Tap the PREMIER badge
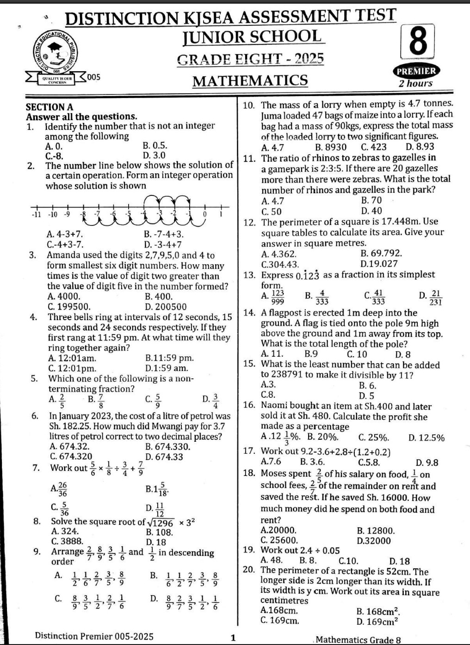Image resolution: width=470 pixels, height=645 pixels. click(416, 71)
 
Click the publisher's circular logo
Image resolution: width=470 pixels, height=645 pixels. click(56, 53)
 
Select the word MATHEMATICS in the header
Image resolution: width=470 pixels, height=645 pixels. click(250, 81)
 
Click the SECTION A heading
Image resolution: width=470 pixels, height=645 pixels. click(49, 107)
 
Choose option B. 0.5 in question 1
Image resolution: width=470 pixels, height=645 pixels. click(155, 146)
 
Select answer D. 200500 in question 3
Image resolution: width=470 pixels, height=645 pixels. click(166, 306)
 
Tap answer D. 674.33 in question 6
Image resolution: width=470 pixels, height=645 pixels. click(164, 457)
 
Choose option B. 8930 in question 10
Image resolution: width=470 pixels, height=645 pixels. click(330, 147)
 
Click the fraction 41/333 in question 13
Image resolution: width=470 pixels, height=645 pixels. click(377, 297)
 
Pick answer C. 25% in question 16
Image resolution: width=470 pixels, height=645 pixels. click(373, 438)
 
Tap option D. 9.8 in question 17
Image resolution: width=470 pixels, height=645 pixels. click(427, 462)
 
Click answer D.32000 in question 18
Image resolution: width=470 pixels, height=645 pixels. click(374, 541)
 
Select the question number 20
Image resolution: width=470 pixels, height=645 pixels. click(249, 571)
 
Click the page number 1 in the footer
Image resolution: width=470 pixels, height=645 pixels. click(233, 638)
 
